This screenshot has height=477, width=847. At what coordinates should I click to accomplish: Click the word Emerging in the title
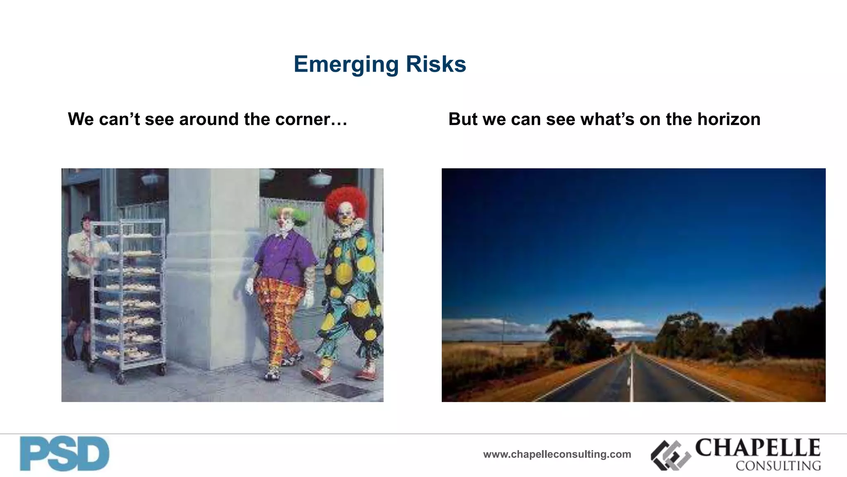[346, 65]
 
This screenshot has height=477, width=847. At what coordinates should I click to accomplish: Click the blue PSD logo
[65, 454]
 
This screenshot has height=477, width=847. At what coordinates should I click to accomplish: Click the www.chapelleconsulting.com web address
[557, 454]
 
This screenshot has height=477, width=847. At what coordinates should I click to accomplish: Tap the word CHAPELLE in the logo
[758, 448]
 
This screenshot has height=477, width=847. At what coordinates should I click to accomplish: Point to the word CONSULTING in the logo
[778, 466]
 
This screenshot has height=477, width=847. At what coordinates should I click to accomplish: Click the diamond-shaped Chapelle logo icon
[670, 455]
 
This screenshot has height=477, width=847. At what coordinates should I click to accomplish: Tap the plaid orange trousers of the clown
[279, 315]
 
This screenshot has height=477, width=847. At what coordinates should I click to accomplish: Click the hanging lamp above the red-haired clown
[320, 179]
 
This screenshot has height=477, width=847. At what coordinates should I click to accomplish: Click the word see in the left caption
[159, 119]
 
